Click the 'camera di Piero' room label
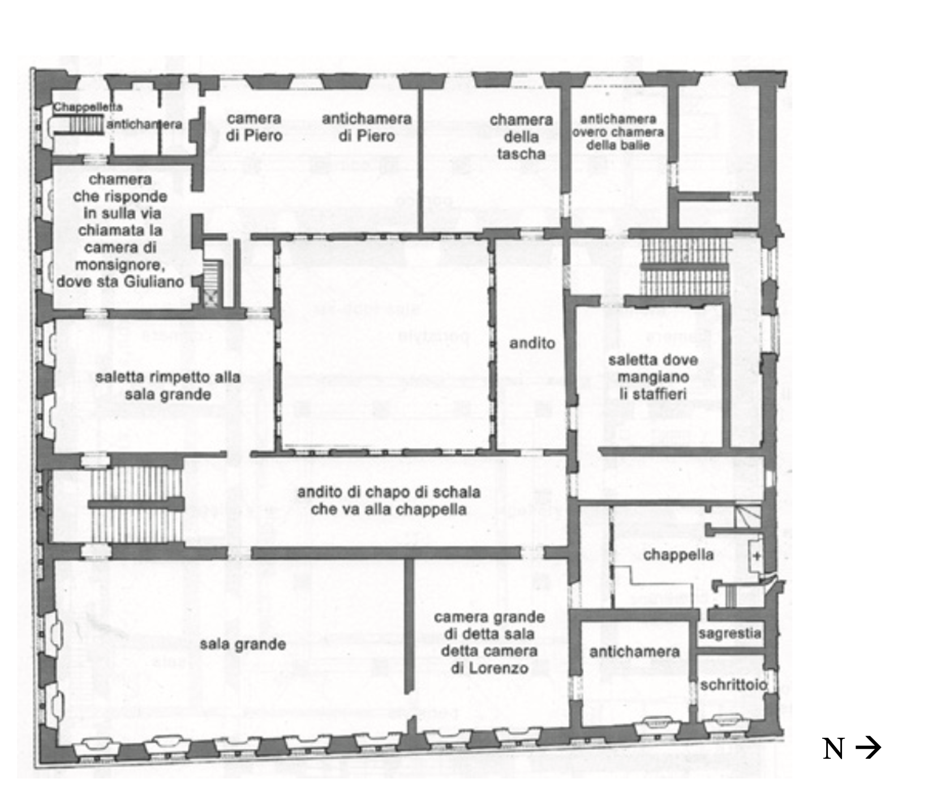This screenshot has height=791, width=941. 254,127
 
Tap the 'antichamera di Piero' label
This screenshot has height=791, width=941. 366,127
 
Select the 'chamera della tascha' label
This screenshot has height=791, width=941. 521,136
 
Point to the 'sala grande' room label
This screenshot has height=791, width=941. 242,644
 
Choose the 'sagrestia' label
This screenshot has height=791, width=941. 730,632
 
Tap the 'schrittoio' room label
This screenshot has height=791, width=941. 733,685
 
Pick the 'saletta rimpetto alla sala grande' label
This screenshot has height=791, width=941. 168,385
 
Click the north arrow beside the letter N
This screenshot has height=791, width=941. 868,749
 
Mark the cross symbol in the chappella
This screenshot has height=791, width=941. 757,556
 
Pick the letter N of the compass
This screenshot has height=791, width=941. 834,749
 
